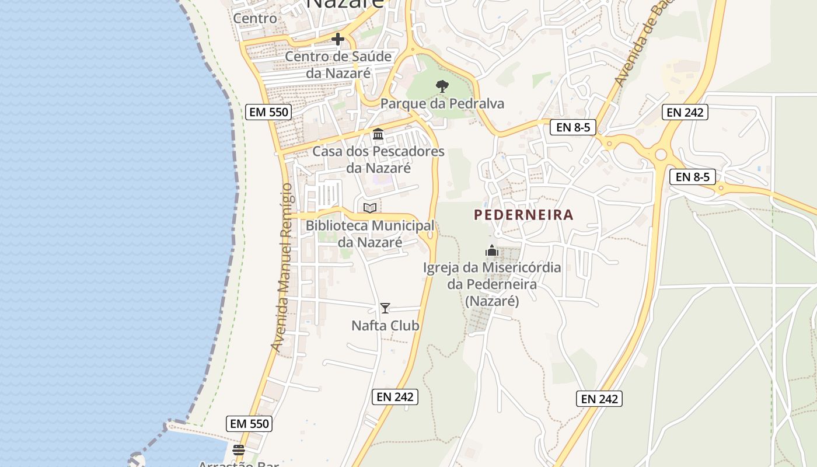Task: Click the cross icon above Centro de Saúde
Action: pyautogui.click(x=337, y=39)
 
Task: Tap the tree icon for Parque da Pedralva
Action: pyautogui.click(x=442, y=86)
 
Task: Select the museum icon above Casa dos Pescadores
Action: pyautogui.click(x=378, y=134)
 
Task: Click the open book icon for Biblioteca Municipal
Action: pyautogui.click(x=369, y=208)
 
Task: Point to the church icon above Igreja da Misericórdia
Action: pyautogui.click(x=492, y=250)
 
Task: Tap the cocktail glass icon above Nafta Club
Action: pyautogui.click(x=385, y=308)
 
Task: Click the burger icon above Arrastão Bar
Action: pyautogui.click(x=238, y=450)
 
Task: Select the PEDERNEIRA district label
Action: pyautogui.click(x=523, y=215)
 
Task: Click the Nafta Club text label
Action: pyautogui.click(x=385, y=325)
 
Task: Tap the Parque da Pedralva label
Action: pyautogui.click(x=442, y=104)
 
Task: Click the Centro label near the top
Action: pyautogui.click(x=255, y=18)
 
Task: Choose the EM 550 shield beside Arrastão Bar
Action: pyautogui.click(x=249, y=424)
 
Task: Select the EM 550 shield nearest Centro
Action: pyautogui.click(x=268, y=112)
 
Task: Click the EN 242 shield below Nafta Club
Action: pyautogui.click(x=395, y=397)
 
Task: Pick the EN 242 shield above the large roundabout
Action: pyautogui.click(x=685, y=112)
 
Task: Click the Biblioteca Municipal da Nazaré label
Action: pyautogui.click(x=370, y=233)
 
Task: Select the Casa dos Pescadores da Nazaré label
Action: pyautogui.click(x=378, y=160)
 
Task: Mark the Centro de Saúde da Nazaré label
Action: pyautogui.click(x=338, y=65)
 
